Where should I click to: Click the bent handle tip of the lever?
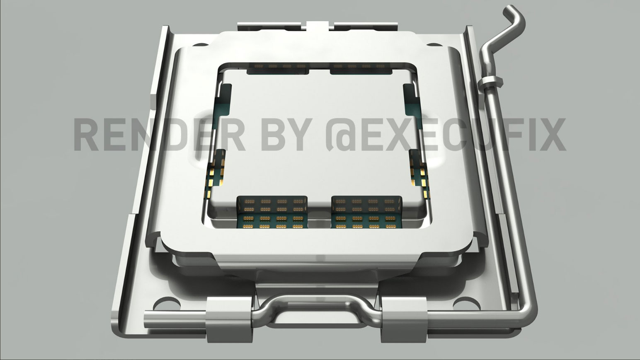coord(514,19)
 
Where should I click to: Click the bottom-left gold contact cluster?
coord(272,212)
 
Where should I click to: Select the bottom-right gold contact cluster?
coord(366,212)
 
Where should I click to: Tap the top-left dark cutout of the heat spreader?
coord(278,69)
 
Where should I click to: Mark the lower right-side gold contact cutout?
coord(419,170)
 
